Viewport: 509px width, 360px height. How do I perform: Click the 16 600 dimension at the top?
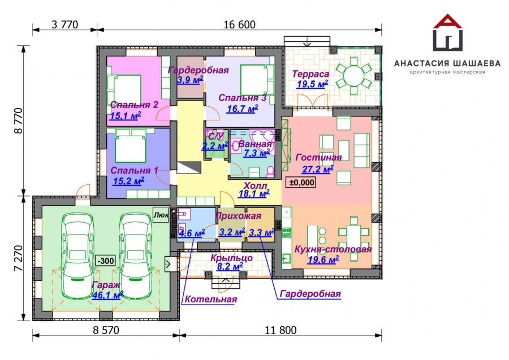240,24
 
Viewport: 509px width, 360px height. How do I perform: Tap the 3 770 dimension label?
65,24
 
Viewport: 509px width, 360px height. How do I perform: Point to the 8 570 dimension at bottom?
106,330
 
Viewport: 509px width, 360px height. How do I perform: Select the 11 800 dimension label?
281,330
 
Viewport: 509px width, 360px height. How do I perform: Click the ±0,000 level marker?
302,183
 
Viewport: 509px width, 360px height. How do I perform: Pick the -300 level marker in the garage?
106,261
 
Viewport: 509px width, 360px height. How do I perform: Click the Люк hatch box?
161,215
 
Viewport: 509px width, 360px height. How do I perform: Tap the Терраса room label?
310,74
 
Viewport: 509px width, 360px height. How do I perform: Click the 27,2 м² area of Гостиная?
317,169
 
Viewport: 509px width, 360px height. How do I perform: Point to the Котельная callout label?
211,299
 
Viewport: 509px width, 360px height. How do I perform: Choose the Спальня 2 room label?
134,105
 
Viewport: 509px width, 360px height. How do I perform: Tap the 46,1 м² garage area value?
107,295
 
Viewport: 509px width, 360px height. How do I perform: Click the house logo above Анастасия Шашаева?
448,32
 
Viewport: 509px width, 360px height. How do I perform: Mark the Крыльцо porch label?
231,258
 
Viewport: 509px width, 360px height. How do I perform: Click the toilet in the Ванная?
270,171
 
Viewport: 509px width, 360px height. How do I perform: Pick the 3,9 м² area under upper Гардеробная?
190,80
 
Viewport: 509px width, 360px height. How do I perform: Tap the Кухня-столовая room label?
333,249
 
